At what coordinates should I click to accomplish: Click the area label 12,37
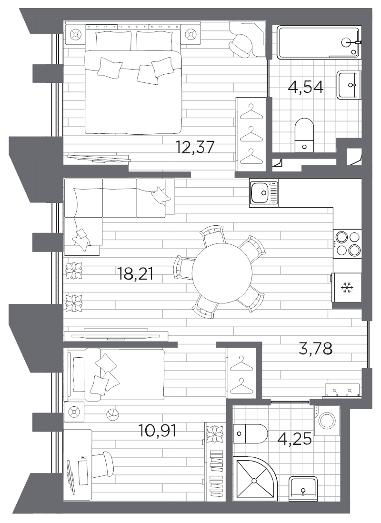195,147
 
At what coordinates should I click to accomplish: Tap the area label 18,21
135,274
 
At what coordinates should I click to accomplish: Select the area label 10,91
157,430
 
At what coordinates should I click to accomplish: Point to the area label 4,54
306,87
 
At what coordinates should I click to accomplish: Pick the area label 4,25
295,439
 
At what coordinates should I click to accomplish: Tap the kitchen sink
263,192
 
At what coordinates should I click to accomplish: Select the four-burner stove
347,243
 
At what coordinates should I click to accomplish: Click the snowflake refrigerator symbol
347,288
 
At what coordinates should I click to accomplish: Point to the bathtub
318,43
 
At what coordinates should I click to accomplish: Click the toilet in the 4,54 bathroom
304,135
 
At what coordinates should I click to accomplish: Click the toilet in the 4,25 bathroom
250,433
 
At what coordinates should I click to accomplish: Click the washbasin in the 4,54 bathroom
349,85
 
